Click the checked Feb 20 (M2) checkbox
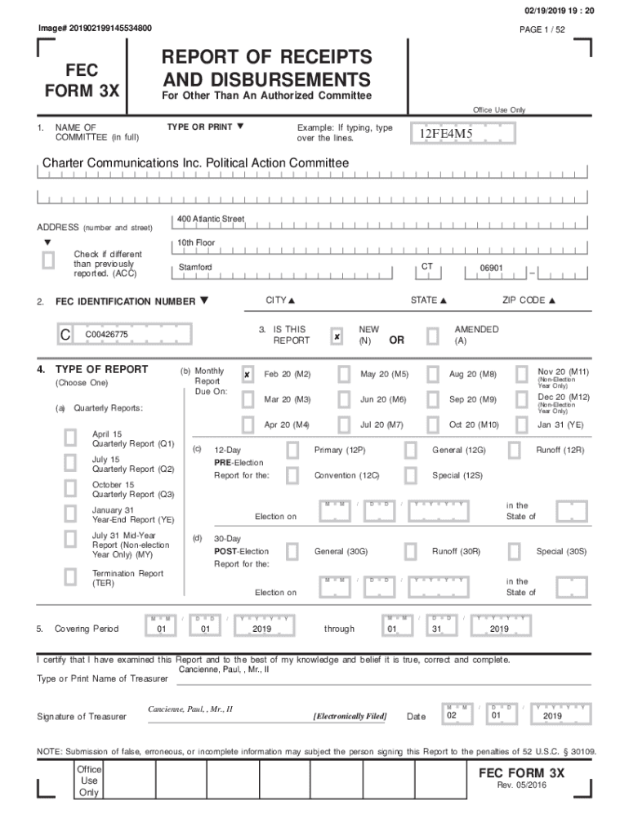point(248,375)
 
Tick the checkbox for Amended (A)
point(432,336)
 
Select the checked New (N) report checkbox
point(337,336)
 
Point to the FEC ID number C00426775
point(106,335)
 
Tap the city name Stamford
point(195,268)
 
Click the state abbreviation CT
point(427,267)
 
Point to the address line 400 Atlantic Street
point(211,220)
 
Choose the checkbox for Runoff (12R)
point(514,450)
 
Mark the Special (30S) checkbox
point(514,552)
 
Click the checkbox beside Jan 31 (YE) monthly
point(521,425)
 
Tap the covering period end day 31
point(436,629)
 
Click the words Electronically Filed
point(350,716)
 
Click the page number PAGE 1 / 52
point(542,29)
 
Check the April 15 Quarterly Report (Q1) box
point(71,438)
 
